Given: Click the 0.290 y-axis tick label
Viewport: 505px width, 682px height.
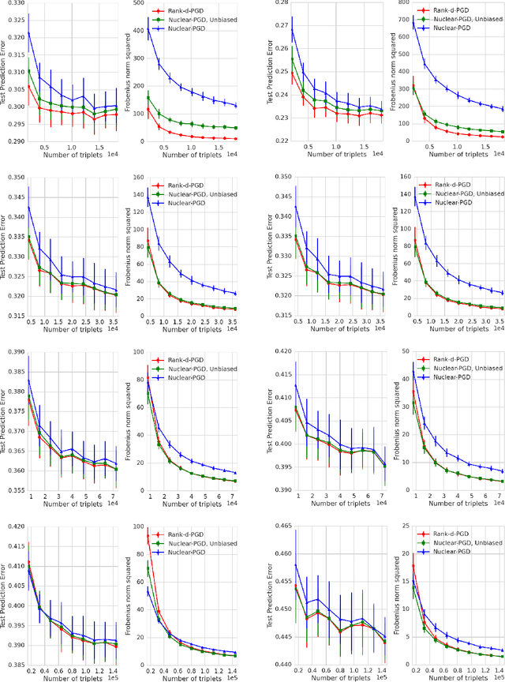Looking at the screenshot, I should [x=15, y=142].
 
